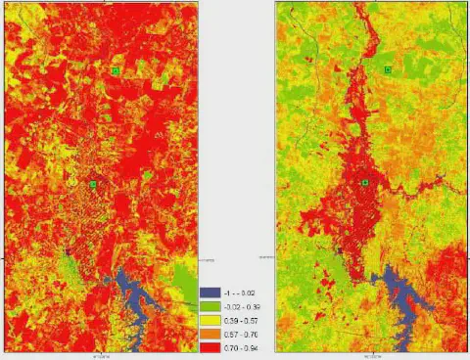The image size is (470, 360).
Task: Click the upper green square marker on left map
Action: pos(116,71)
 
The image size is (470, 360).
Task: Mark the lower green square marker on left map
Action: pos(93,184)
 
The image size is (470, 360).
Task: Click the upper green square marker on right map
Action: pos(388,70)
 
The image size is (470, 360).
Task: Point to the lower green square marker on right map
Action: pos(365,183)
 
